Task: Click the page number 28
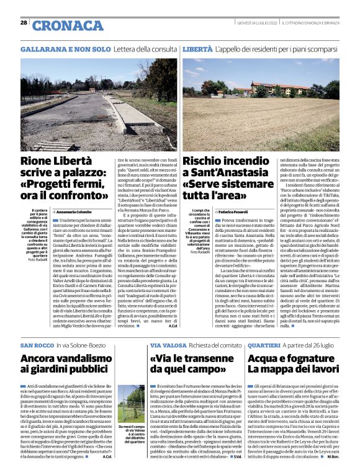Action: (x=24, y=23)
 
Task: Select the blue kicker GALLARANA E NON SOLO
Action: (x=58, y=48)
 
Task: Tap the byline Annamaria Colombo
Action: (x=65, y=211)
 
